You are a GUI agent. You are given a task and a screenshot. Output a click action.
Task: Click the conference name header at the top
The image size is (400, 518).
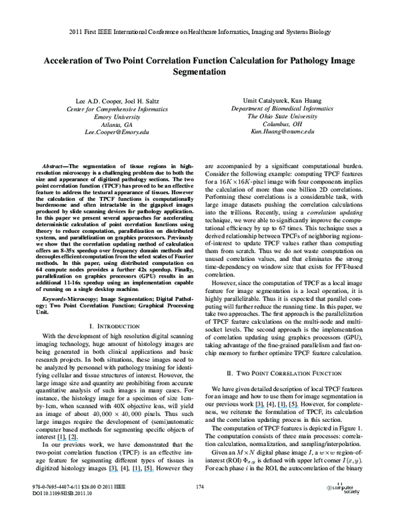pyautogui.click(x=200, y=31)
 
